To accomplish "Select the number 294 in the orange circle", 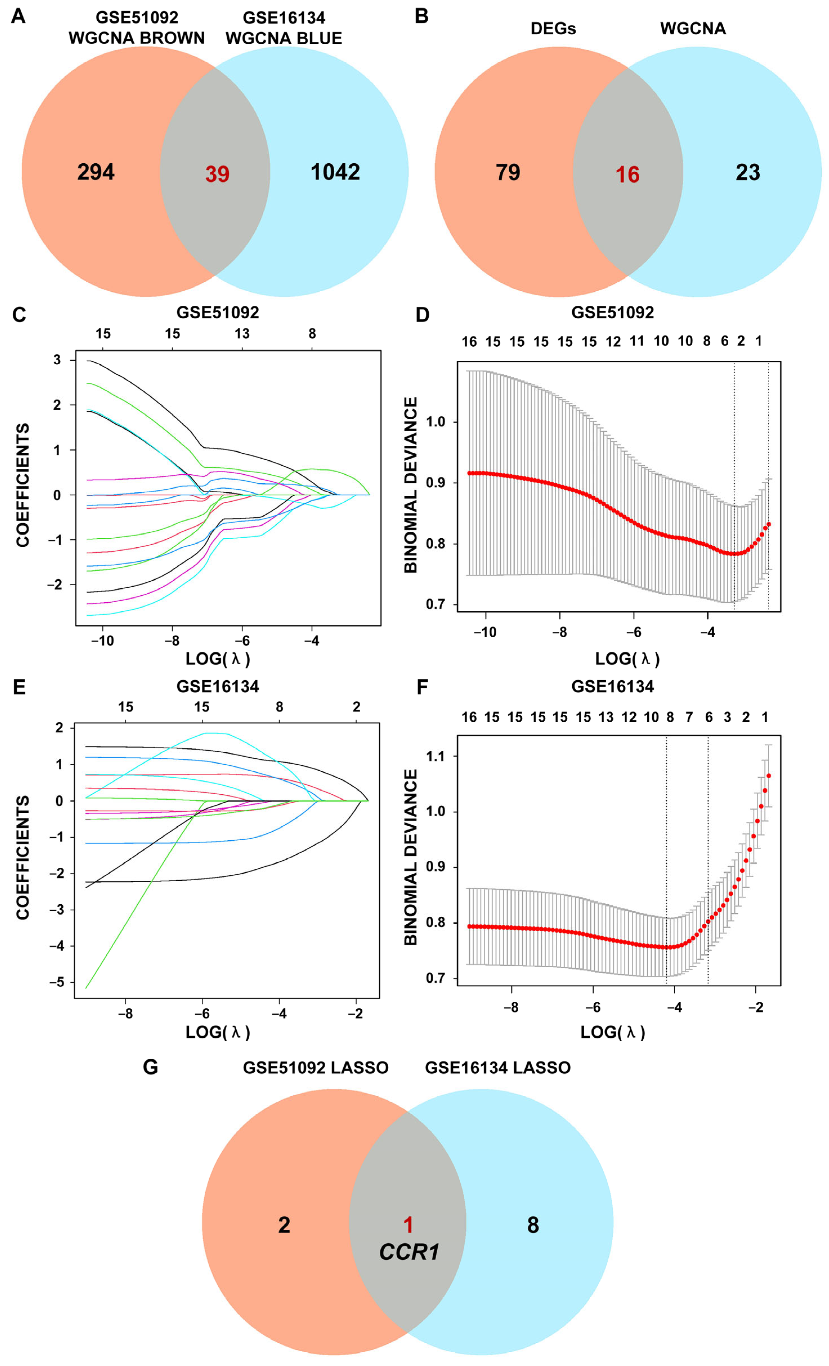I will point(96,172).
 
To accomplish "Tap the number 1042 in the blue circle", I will point(335,172).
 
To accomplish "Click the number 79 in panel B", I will point(508,172).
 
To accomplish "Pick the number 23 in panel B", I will point(747,172).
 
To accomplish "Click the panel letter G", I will point(150,1067).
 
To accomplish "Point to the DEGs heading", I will point(553,28).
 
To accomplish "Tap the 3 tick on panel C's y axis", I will point(57,360).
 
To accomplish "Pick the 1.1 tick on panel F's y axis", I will point(436,756).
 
